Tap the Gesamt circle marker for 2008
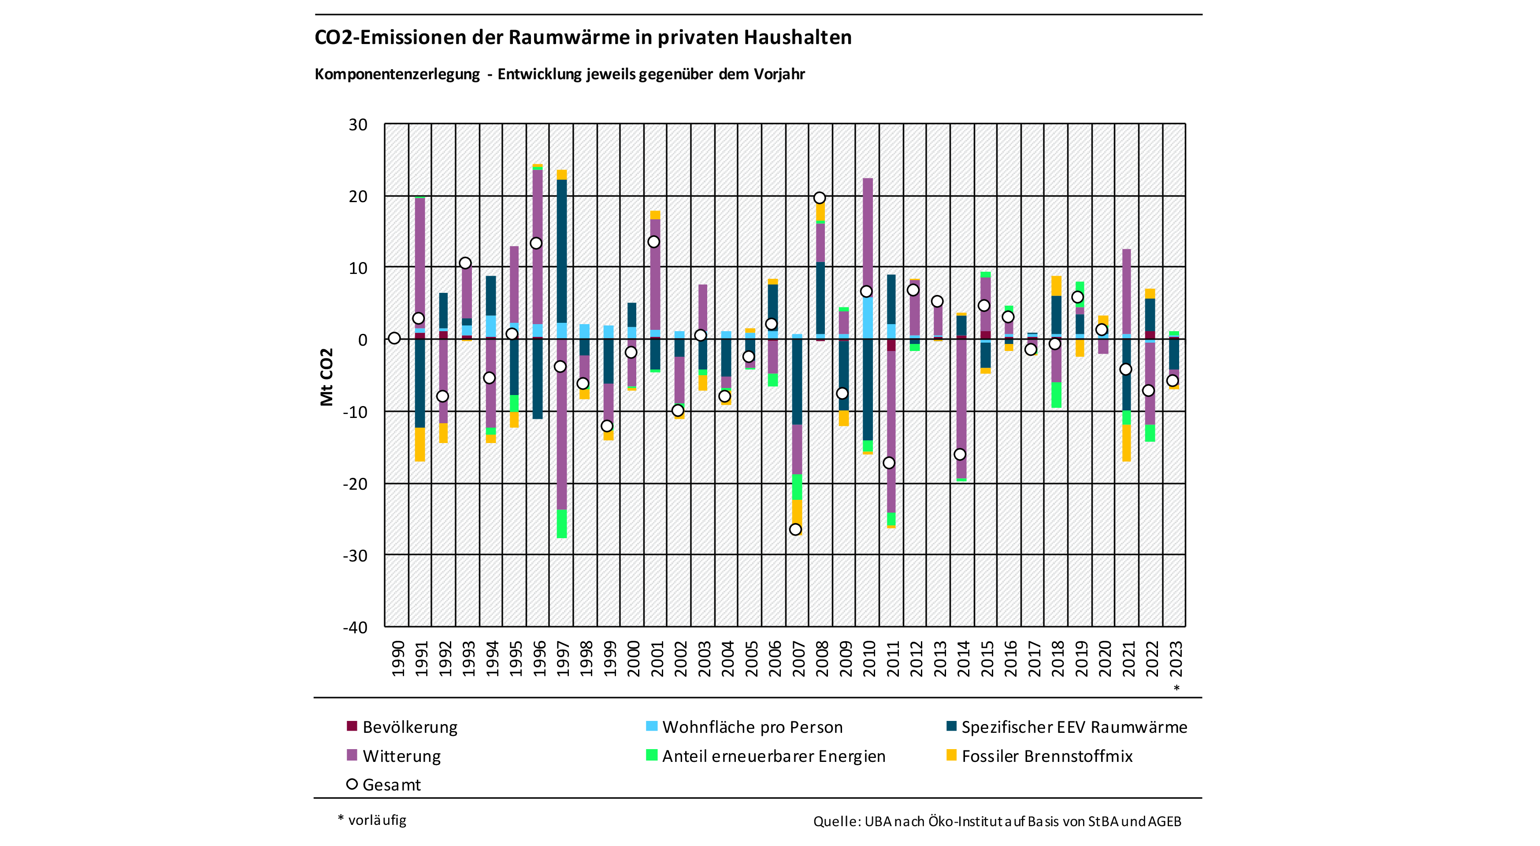[x=820, y=198]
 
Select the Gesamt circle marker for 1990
[x=394, y=338]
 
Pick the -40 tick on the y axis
[x=355, y=627]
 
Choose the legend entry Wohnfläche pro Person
[x=752, y=727]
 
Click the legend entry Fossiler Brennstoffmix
[x=1047, y=756]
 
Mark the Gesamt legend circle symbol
[x=352, y=784]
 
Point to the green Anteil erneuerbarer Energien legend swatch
[x=652, y=755]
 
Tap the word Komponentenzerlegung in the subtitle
[x=397, y=74]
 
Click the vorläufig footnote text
[x=377, y=820]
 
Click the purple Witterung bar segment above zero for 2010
[x=868, y=233]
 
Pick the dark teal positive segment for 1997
[x=562, y=251]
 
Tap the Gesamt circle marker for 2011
[x=889, y=463]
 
